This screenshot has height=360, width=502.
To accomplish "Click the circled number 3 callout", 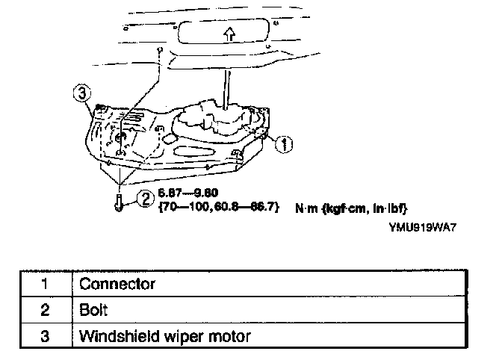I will tap(84, 95).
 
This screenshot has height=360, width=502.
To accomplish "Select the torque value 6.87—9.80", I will tap(179, 191).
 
